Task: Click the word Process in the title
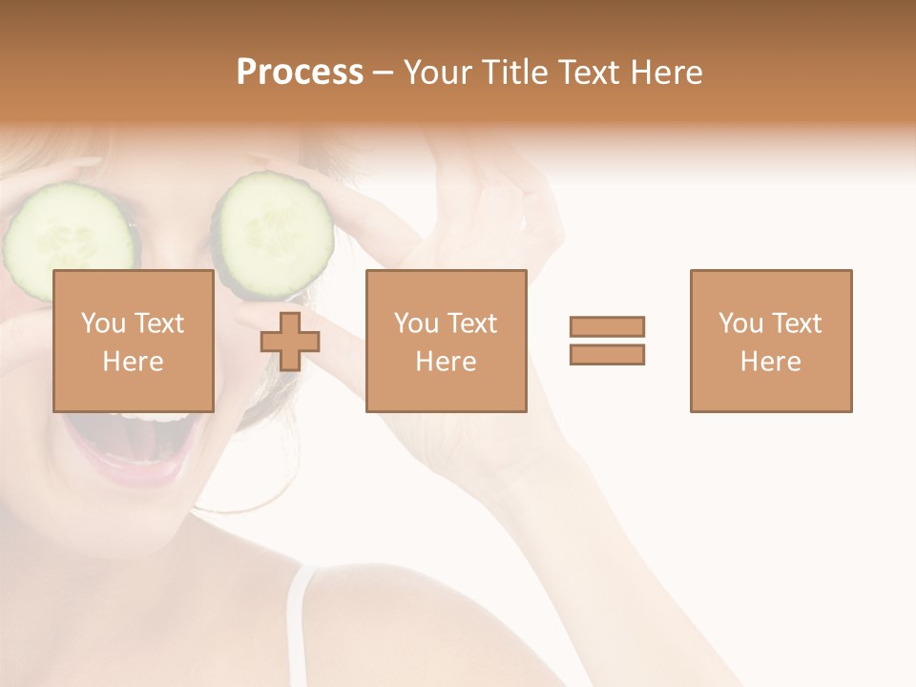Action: (x=300, y=73)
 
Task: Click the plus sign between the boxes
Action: (x=290, y=341)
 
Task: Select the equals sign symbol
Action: (x=607, y=341)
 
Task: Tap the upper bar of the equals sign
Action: (x=607, y=326)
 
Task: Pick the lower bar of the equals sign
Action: (x=607, y=355)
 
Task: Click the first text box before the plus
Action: (x=133, y=341)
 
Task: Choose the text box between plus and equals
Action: (x=446, y=341)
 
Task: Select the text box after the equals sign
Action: (x=770, y=341)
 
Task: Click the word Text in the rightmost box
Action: (x=796, y=323)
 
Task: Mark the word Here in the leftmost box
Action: (x=133, y=362)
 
